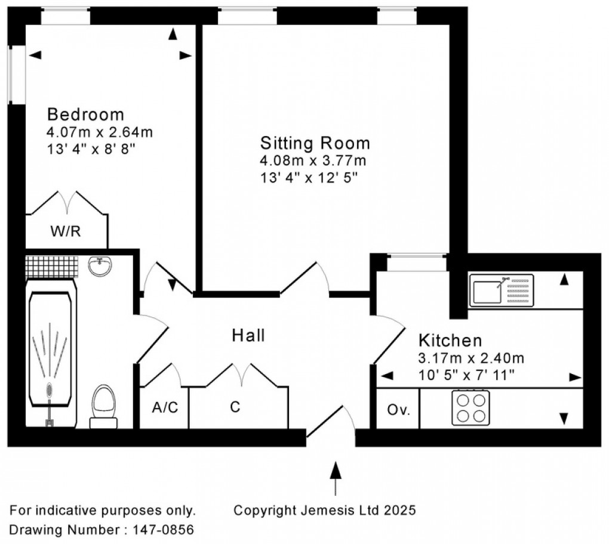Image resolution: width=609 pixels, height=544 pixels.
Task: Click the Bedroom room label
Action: click(x=86, y=114)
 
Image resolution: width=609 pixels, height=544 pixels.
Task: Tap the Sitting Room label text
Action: click(x=315, y=143)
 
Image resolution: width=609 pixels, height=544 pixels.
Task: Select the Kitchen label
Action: click(x=450, y=341)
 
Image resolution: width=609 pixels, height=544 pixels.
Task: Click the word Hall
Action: click(x=248, y=336)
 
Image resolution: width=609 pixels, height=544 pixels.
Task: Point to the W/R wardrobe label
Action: click(x=66, y=231)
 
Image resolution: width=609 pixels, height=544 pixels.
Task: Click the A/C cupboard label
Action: click(x=164, y=407)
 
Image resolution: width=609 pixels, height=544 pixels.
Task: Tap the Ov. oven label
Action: click(x=398, y=410)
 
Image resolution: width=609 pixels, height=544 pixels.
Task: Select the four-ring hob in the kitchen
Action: click(x=470, y=407)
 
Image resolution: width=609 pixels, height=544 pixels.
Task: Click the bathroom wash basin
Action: click(x=101, y=267)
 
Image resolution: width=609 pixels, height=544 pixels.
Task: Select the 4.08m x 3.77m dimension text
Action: click(x=313, y=161)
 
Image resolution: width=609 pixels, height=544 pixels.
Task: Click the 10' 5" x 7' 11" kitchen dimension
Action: click(x=466, y=376)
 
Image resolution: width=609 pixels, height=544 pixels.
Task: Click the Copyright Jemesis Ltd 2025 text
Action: click(x=324, y=511)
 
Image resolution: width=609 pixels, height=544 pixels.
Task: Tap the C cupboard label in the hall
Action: click(x=235, y=407)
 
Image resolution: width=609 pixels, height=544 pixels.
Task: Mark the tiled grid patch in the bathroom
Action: click(x=52, y=267)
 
